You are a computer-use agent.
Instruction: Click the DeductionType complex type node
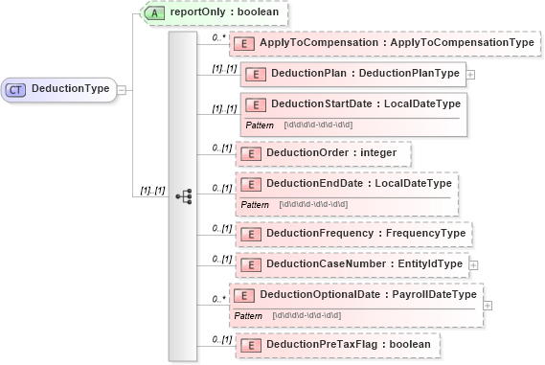click(x=59, y=89)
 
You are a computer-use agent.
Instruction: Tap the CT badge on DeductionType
click(x=16, y=89)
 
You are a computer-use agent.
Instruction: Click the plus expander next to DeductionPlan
click(x=469, y=74)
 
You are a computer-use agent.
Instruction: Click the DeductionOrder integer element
click(x=323, y=152)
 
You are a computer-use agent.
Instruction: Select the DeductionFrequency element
click(x=352, y=232)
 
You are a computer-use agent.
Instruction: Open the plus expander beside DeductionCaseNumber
click(x=471, y=262)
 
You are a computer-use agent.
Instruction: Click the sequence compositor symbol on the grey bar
click(x=184, y=196)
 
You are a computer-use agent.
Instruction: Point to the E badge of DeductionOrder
click(x=246, y=152)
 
